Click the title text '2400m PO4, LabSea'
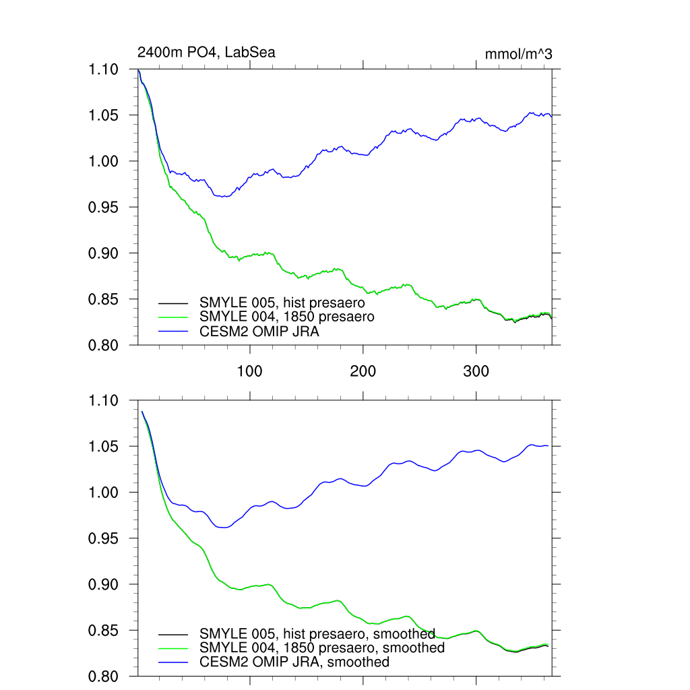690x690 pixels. (x=206, y=52)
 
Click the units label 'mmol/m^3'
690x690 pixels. (x=518, y=54)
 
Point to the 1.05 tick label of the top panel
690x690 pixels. (x=104, y=115)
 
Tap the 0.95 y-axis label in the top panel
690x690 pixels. (x=104, y=207)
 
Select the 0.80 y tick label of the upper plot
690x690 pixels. (x=104, y=345)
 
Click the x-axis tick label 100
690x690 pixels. (x=250, y=371)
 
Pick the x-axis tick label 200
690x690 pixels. (x=363, y=371)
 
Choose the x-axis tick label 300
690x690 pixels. (x=476, y=371)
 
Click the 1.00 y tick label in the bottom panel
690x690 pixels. (x=104, y=493)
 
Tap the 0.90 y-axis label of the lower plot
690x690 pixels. (x=104, y=584)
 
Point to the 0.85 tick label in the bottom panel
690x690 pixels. (x=104, y=630)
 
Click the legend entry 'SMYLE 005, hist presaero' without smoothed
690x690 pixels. (x=282, y=303)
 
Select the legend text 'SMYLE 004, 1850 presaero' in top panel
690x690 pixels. (x=286, y=316)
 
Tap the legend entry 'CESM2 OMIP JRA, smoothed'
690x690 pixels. (x=294, y=662)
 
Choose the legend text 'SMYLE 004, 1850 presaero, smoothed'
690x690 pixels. (x=322, y=648)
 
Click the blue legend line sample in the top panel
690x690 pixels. (x=173, y=331)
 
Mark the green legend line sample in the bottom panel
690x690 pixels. (x=173, y=648)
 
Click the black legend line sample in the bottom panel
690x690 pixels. (x=173, y=634)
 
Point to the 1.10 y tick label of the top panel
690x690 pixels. (x=104, y=69)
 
